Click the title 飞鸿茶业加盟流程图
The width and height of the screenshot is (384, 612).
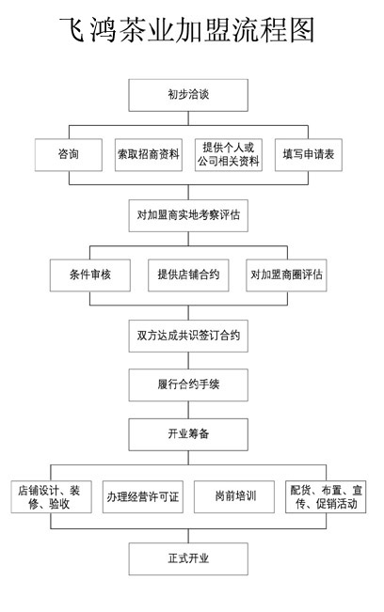click(187, 30)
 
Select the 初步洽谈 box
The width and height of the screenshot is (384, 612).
click(188, 95)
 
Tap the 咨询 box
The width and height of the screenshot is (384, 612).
click(69, 155)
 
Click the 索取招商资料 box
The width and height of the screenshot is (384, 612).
click(149, 155)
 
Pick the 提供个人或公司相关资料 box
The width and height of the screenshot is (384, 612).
click(229, 155)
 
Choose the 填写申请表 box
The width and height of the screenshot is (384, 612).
click(309, 155)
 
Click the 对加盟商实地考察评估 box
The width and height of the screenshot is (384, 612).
click(188, 215)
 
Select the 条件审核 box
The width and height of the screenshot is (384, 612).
click(90, 275)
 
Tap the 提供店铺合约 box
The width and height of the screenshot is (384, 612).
click(188, 275)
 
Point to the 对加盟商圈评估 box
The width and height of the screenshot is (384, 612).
click(286, 275)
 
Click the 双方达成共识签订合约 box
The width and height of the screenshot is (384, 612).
click(188, 336)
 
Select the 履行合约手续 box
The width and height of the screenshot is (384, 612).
click(188, 385)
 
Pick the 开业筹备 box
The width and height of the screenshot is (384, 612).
click(188, 434)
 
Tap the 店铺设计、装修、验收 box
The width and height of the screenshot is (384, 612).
click(51, 497)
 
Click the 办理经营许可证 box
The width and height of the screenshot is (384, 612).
click(142, 497)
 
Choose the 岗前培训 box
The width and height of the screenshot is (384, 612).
click(234, 497)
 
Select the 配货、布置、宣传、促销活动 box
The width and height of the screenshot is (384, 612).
click(326, 497)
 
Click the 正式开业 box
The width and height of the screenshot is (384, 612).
click(188, 559)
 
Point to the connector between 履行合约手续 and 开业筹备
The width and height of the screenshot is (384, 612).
click(188, 410)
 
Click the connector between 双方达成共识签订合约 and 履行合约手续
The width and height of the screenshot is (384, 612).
click(188, 361)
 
